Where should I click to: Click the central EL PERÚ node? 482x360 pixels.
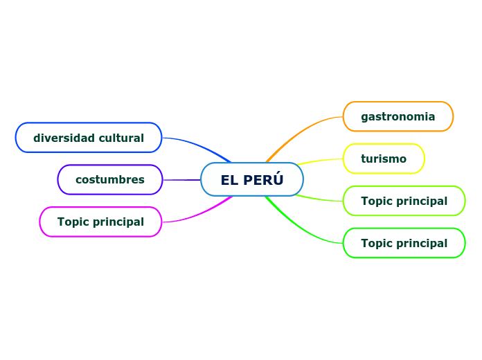(252, 179)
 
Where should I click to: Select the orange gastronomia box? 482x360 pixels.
(398, 116)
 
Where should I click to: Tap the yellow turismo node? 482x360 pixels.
(383, 159)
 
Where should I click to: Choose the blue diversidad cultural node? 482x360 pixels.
(89, 137)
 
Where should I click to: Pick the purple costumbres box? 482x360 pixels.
(109, 179)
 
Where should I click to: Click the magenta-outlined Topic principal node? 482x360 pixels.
(100, 222)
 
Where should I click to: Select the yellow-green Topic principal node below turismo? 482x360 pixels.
(404, 201)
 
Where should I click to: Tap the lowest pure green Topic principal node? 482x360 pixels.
(404, 243)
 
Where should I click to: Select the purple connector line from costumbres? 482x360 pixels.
(181, 179)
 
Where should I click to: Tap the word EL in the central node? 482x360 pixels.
(229, 180)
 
